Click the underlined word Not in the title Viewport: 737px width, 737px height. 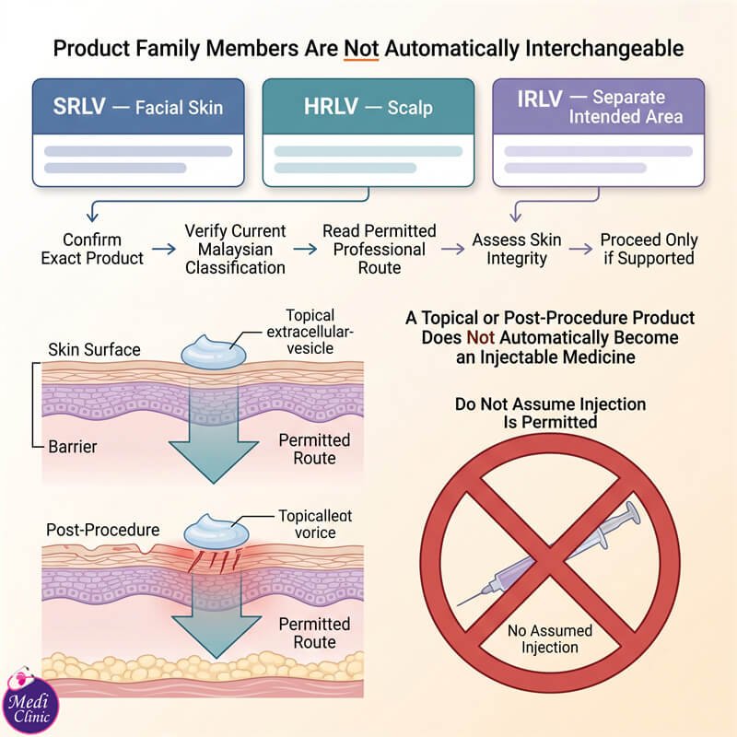tap(361, 49)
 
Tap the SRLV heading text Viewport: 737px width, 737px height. tap(79, 106)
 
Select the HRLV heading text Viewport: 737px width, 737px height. tap(331, 106)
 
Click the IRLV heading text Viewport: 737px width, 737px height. tap(540, 99)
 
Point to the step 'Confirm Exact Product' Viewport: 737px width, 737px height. tap(92, 249)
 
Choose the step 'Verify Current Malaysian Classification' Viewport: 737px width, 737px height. tap(235, 249)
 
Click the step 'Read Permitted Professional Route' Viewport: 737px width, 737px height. tap(380, 249)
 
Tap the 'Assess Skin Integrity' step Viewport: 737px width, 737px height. tap(517, 249)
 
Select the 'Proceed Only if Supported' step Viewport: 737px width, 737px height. tap(649, 249)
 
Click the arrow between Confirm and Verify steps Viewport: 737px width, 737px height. tap(164, 249)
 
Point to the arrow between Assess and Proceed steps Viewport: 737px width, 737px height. tap(581, 249)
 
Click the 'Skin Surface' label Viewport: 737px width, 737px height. tap(94, 350)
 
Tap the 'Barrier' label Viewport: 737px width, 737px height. tap(73, 447)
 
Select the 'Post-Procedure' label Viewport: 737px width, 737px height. tap(103, 530)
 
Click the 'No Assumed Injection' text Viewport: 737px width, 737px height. tap(550, 638)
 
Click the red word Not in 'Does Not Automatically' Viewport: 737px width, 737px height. tap(480, 337)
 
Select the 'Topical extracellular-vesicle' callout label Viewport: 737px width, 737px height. tap(310, 332)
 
